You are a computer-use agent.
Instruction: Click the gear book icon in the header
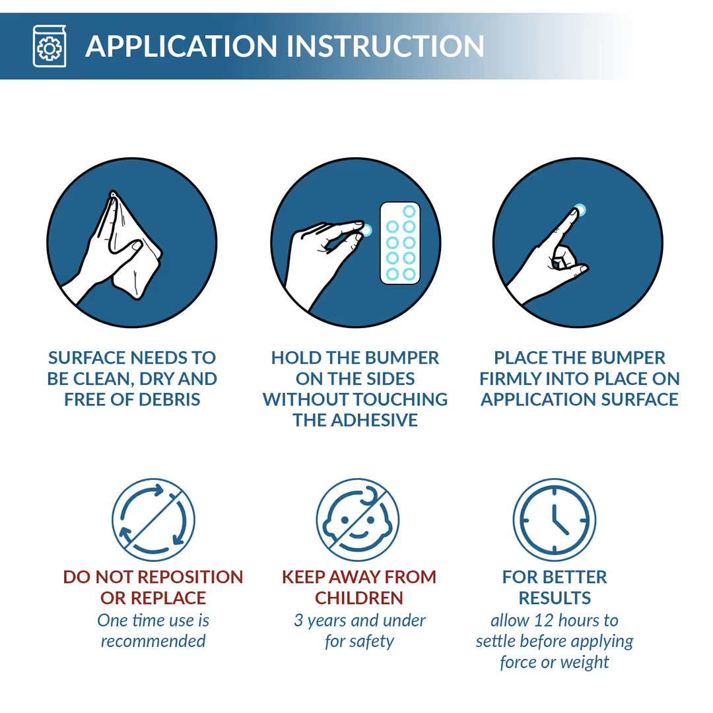pyautogui.click(x=49, y=46)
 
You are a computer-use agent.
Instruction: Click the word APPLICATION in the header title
pyautogui.click(x=181, y=46)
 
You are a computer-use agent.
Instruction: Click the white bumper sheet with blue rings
pyautogui.click(x=400, y=243)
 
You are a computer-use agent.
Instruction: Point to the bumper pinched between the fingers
pyautogui.click(x=366, y=230)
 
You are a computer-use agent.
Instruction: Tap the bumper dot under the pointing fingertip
pyautogui.click(x=580, y=210)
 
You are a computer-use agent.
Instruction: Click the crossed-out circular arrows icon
pyautogui.click(x=154, y=520)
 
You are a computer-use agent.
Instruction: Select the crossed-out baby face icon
pyautogui.click(x=358, y=520)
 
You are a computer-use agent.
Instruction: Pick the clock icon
pyautogui.click(x=555, y=520)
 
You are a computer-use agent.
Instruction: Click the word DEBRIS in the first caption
pyautogui.click(x=169, y=399)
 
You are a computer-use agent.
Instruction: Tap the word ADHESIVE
pyautogui.click(x=374, y=420)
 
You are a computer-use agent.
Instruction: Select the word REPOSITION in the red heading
pyautogui.click(x=190, y=576)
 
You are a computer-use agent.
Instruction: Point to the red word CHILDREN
pyautogui.click(x=358, y=597)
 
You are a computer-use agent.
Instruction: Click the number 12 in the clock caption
pyautogui.click(x=543, y=620)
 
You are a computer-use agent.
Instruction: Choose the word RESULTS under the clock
pyautogui.click(x=555, y=597)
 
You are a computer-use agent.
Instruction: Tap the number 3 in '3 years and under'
pyautogui.click(x=298, y=620)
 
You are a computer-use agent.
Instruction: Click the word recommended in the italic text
pyautogui.click(x=153, y=641)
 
